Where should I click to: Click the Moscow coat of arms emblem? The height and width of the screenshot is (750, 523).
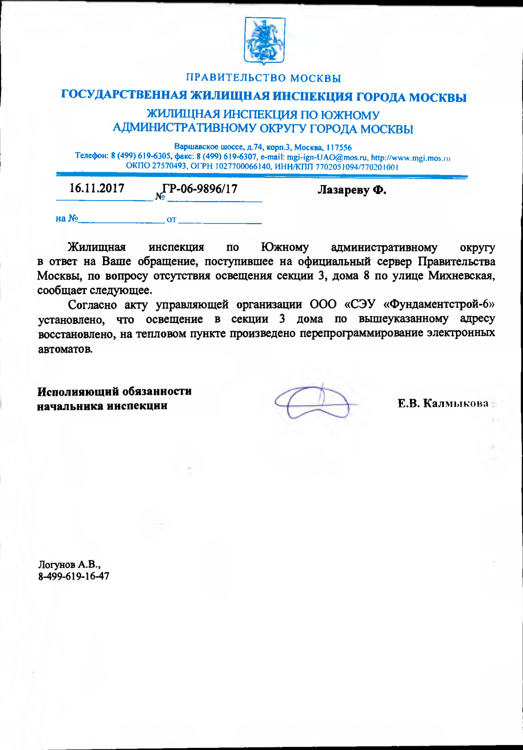coord(264,40)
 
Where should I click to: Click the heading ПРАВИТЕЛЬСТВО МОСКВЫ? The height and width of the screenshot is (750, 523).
coord(263,78)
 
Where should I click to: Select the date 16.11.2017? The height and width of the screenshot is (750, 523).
coord(96,188)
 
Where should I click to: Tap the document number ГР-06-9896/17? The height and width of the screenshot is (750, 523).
coord(200,189)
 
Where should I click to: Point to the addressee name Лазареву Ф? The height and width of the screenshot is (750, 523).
coord(352,190)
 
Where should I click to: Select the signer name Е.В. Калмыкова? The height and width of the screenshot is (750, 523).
coord(443,403)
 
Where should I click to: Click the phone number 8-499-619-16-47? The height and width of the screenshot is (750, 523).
coord(73,576)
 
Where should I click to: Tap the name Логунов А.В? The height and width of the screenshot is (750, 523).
coord(69,564)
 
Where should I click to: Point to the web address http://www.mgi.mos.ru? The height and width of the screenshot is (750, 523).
coord(410,157)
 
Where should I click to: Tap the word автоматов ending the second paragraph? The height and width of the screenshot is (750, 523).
coord(65,348)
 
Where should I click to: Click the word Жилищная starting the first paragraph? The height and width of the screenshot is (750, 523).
coord(96,247)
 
